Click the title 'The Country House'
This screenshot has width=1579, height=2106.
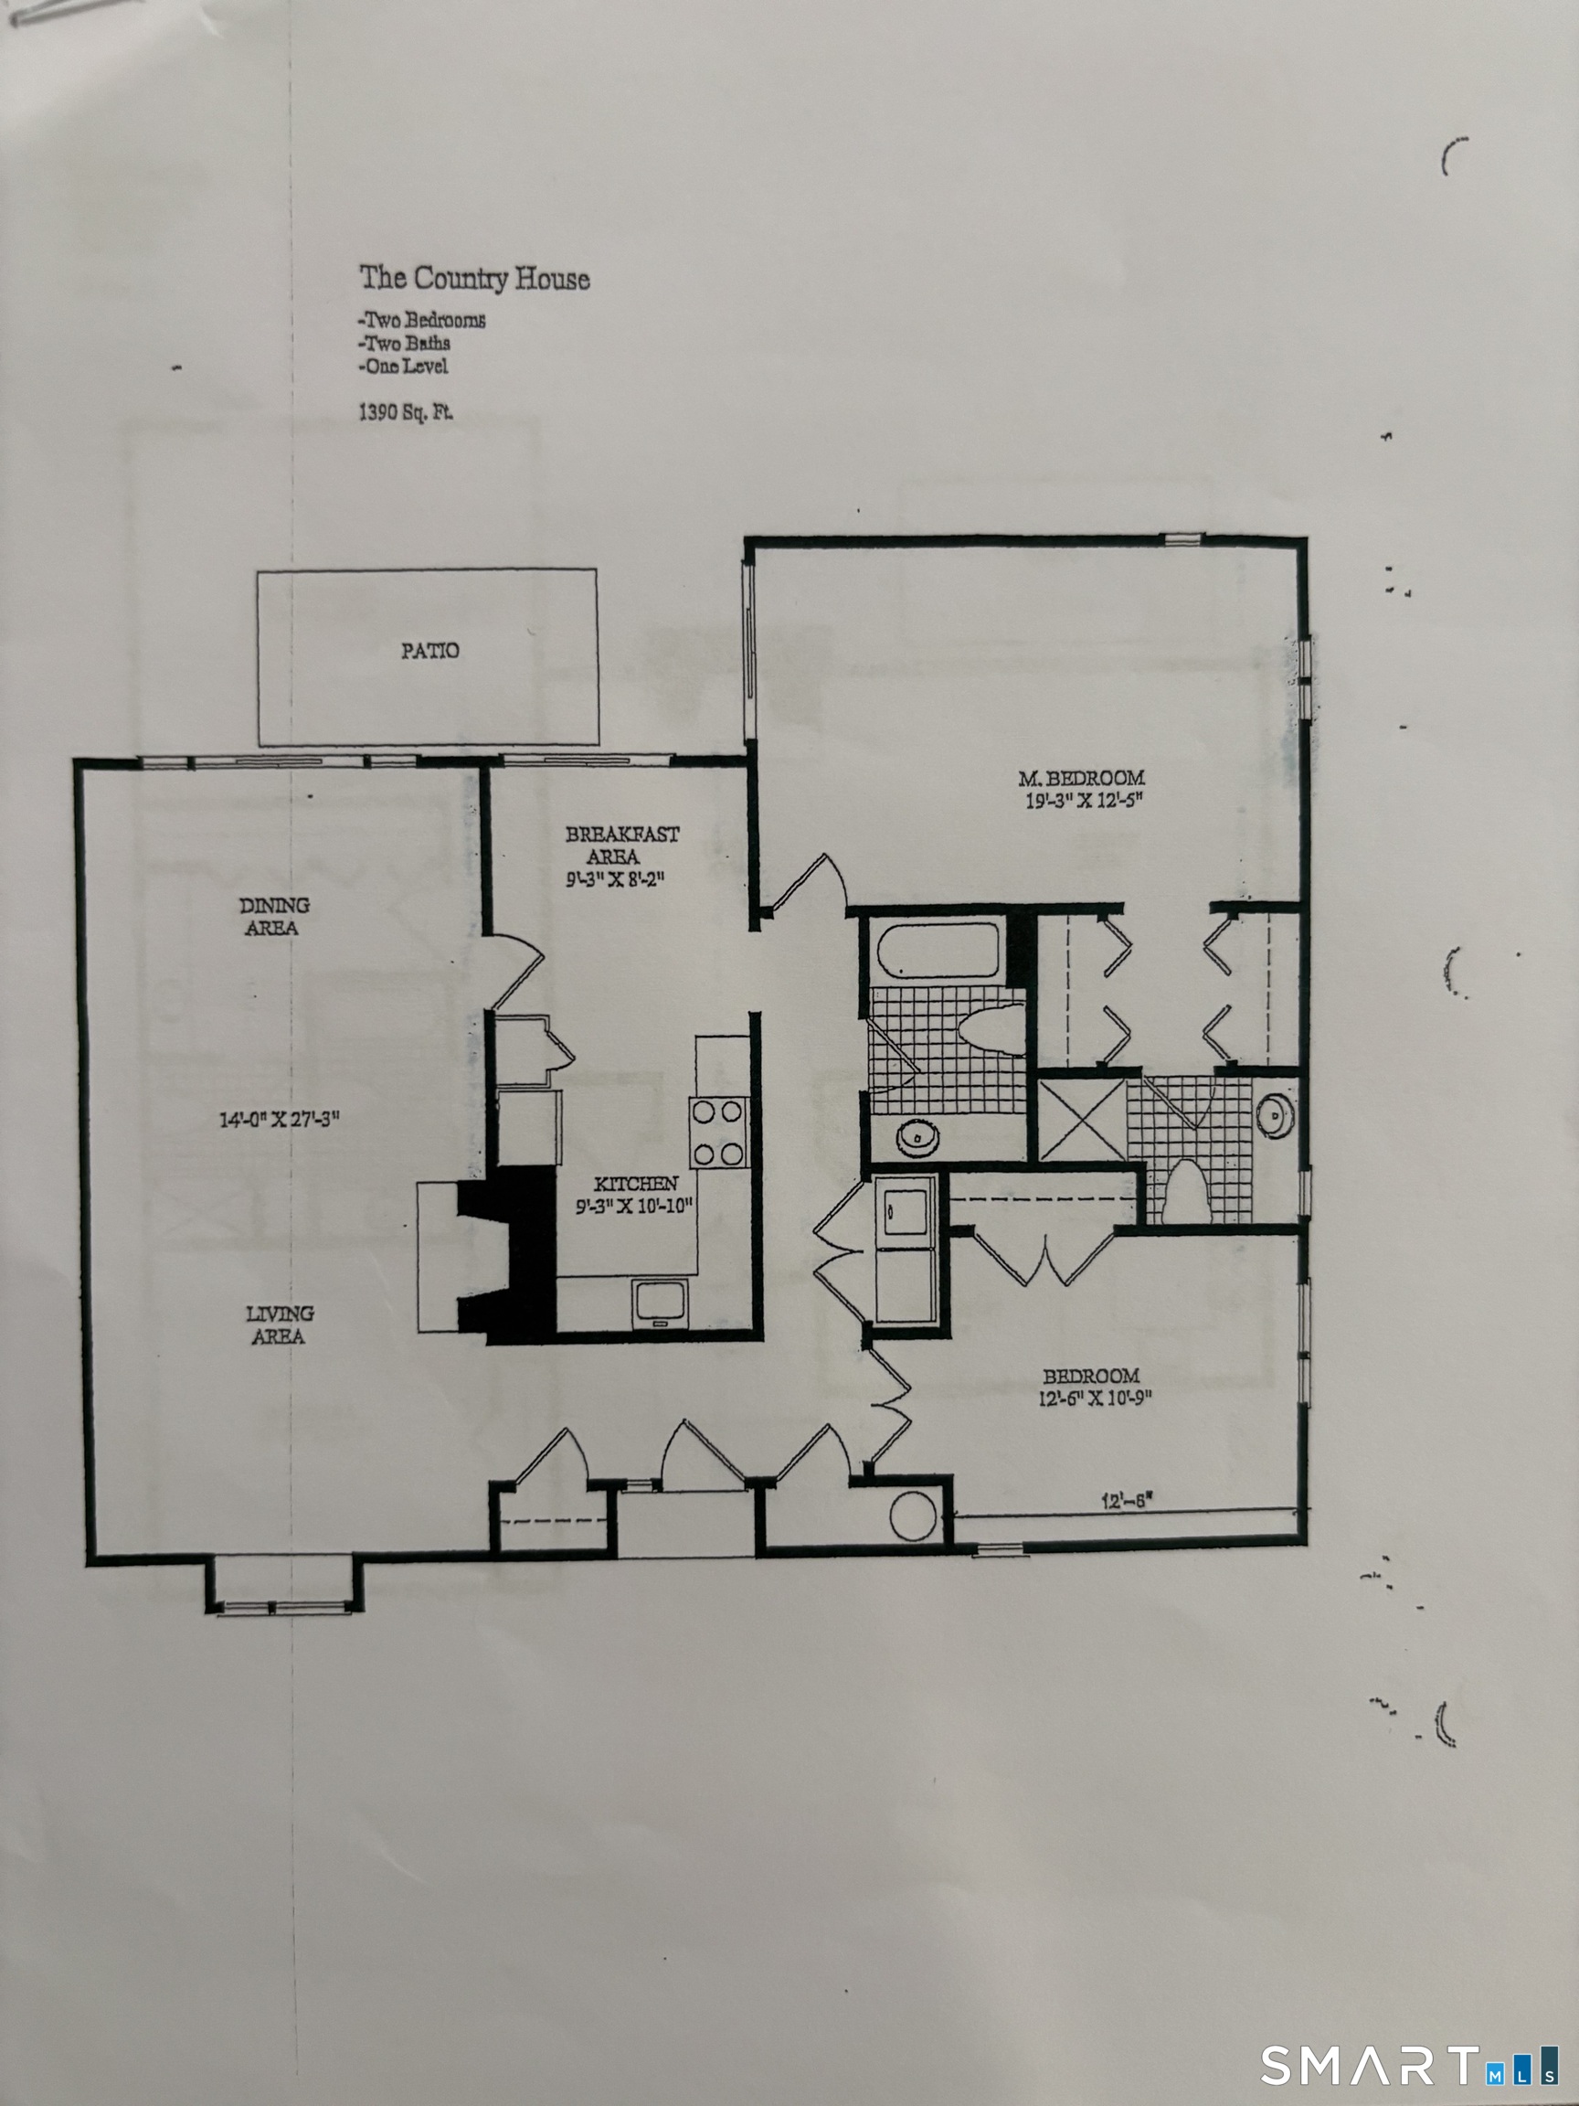(474, 278)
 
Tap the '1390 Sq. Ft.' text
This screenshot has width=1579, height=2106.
(406, 412)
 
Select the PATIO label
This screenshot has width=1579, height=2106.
(429, 650)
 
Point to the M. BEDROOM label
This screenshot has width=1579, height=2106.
(1081, 778)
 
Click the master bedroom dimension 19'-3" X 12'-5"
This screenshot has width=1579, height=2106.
(1083, 801)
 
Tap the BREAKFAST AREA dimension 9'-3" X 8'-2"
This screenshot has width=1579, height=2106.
(615, 879)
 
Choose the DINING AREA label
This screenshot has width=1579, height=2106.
(274, 916)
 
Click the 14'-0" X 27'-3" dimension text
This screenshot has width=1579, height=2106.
(279, 1119)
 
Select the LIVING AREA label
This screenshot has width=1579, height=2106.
(279, 1324)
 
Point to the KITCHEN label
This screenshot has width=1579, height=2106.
(636, 1184)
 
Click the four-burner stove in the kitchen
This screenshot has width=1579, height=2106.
(718, 1132)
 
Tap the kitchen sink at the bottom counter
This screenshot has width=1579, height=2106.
(661, 1303)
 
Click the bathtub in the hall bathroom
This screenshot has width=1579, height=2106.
(938, 948)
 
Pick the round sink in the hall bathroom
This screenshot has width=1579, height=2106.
(917, 1137)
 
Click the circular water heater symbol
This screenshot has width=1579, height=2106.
(913, 1515)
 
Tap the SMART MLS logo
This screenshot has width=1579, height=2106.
(1410, 2065)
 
